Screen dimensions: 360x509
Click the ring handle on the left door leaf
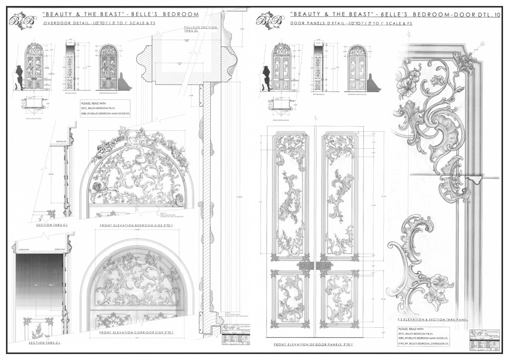(x=307, y=266)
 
